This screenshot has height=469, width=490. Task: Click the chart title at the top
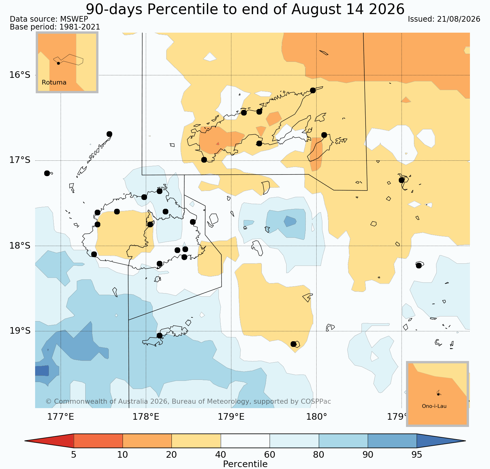click(x=245, y=9)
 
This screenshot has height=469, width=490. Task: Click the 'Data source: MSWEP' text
click(x=49, y=19)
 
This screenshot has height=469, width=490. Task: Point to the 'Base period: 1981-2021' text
click(x=55, y=27)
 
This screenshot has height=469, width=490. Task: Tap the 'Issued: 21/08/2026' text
click(x=444, y=19)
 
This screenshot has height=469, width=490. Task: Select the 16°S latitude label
click(x=20, y=75)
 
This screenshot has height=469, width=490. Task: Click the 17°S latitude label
click(x=20, y=160)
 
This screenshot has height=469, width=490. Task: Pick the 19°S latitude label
click(x=20, y=331)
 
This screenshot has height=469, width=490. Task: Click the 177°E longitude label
click(x=61, y=417)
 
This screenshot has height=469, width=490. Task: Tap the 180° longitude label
click(x=316, y=417)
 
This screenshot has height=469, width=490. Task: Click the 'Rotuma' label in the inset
click(x=54, y=83)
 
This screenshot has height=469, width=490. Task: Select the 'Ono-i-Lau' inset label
click(x=434, y=406)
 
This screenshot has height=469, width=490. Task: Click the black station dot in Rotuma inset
click(x=58, y=63)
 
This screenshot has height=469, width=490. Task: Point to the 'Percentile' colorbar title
click(x=245, y=464)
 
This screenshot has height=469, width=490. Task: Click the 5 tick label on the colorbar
click(x=74, y=455)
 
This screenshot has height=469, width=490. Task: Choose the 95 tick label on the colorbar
click(x=417, y=455)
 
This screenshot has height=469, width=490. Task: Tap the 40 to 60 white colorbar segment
click(x=245, y=441)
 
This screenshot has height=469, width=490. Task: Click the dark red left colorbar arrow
click(x=49, y=441)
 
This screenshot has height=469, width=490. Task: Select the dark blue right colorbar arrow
click(x=441, y=441)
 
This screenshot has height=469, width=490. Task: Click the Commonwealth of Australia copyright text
click(x=188, y=402)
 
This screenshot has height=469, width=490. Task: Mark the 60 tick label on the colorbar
click(x=270, y=455)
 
